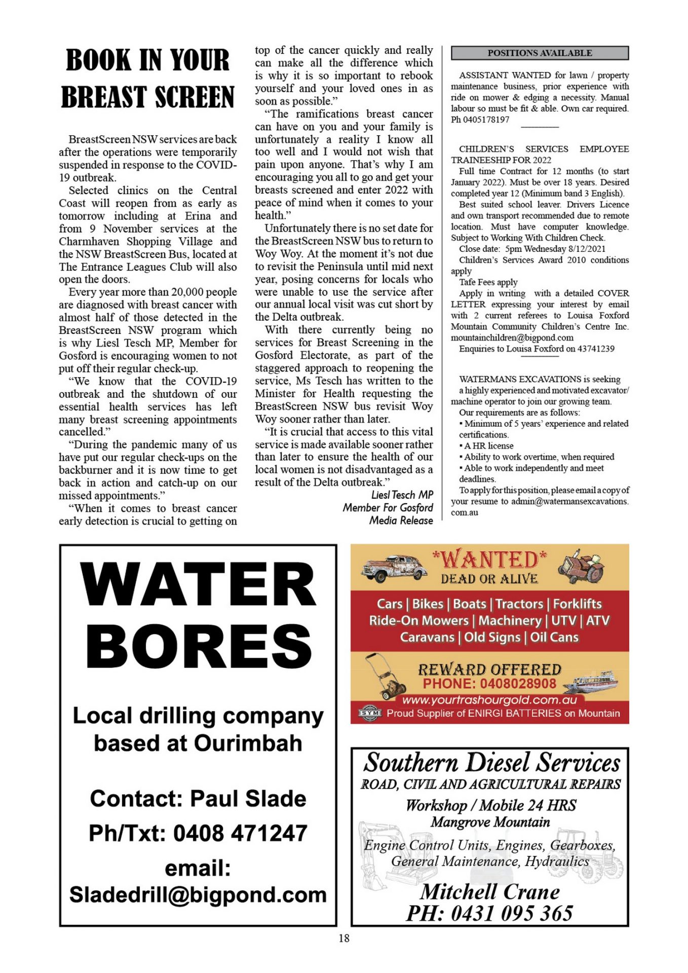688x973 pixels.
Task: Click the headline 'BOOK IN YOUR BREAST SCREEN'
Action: coord(147,78)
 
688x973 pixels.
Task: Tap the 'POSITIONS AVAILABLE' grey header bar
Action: coord(540,53)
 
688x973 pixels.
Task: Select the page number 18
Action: coord(344,938)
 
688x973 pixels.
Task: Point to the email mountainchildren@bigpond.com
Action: coord(512,338)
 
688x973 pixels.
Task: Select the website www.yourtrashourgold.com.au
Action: coord(489,700)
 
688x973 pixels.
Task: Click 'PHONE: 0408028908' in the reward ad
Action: coord(489,684)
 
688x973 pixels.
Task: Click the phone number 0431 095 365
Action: coord(512,913)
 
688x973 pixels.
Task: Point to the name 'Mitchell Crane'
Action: coord(490,891)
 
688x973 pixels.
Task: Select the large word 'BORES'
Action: coord(198,646)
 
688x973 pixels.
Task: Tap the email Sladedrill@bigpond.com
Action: coord(198,895)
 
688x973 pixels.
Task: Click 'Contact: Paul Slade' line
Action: coord(198,799)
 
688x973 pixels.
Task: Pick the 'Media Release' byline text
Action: coord(401,520)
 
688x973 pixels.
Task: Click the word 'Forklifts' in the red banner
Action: coord(577,604)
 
